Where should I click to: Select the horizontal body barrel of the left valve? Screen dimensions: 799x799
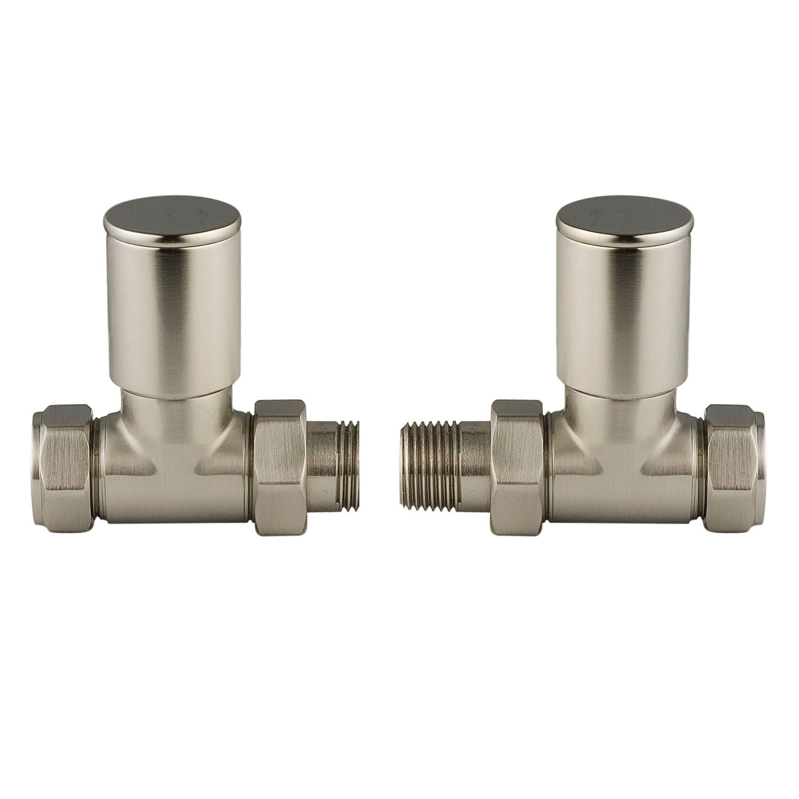click(x=174, y=488)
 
